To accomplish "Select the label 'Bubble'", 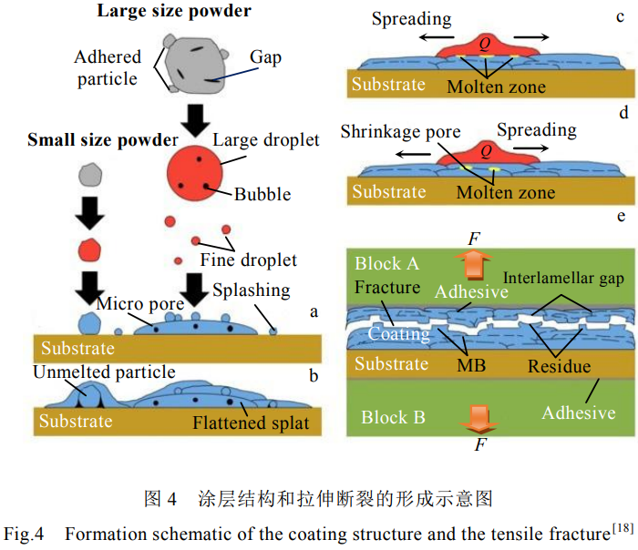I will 262,194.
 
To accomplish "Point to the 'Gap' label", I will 265,57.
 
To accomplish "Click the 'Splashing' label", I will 252,290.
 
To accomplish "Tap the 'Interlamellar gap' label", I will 562,278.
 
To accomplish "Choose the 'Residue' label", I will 558,367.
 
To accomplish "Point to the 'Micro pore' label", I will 135,302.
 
